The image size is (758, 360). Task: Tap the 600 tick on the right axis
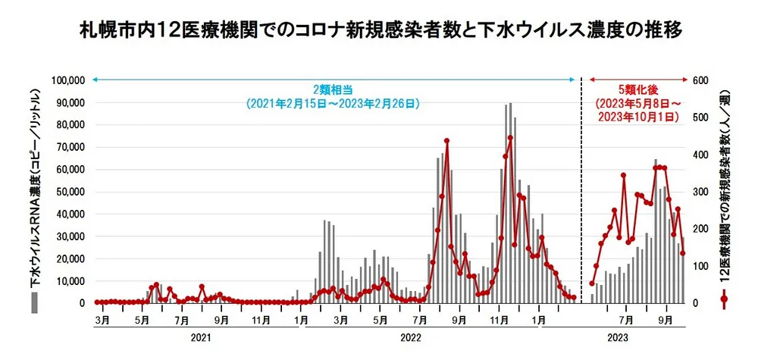(x=700, y=80)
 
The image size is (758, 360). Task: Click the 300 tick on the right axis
(x=700, y=192)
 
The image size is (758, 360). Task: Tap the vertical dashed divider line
(x=581, y=189)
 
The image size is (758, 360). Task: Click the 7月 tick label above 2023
(x=626, y=320)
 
